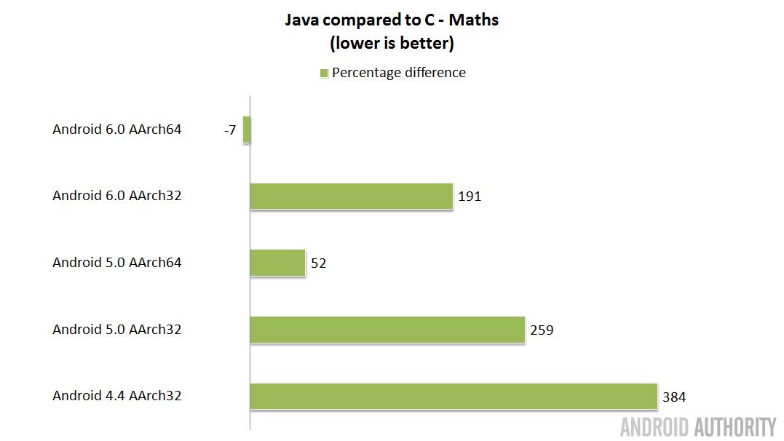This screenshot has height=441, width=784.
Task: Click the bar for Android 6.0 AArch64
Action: point(247,130)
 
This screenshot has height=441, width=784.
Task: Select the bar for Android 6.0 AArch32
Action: point(352,196)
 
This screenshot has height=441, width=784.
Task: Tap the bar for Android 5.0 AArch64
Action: point(277,263)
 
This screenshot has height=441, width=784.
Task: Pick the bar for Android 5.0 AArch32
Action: point(387,329)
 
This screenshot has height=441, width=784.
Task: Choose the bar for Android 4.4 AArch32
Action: point(454,396)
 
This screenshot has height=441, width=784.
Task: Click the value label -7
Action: point(230,130)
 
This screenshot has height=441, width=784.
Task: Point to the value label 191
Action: point(470,196)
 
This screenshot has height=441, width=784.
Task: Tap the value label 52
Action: point(318,263)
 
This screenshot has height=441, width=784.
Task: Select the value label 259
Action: point(542,330)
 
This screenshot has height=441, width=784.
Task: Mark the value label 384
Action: point(674,397)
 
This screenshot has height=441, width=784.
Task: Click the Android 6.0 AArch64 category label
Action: point(116,130)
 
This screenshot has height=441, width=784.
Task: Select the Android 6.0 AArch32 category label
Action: point(116,196)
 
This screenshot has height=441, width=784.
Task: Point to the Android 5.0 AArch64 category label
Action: point(116,263)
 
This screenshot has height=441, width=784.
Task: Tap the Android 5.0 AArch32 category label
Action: point(116,329)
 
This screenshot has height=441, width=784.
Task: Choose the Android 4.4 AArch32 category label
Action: point(116,396)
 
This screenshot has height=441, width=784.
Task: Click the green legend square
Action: point(324,73)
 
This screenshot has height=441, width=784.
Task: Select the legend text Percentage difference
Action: point(399,73)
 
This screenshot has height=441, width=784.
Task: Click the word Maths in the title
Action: point(474,20)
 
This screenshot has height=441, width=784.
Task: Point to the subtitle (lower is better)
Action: point(392,44)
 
